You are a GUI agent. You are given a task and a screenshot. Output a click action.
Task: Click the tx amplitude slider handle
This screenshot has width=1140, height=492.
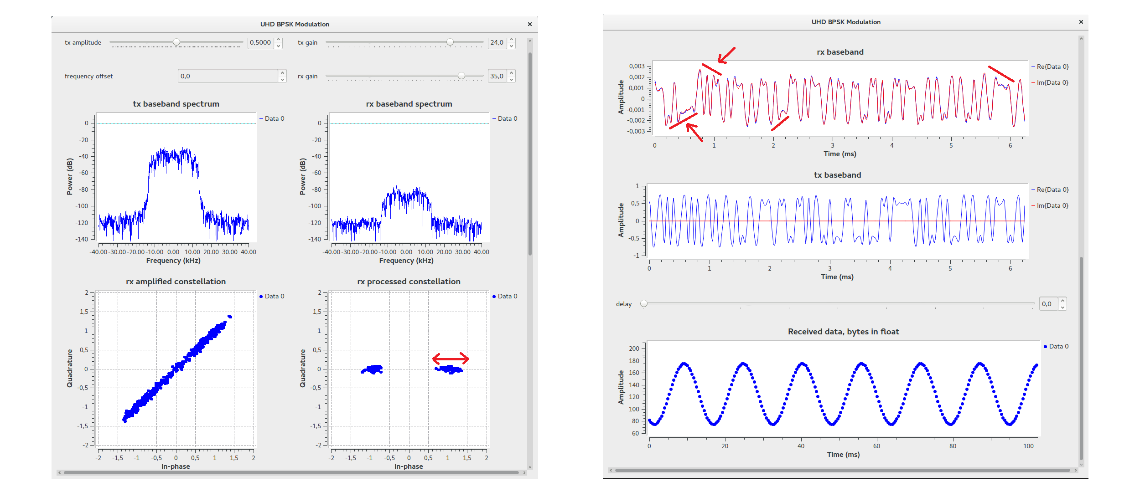coord(176,42)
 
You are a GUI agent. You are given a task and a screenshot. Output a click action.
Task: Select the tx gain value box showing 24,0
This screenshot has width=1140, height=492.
coord(497,42)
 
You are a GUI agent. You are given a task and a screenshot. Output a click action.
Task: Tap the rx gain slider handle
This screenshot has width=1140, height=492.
coord(461,76)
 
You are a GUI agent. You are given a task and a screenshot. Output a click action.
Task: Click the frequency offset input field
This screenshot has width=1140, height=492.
coord(228,76)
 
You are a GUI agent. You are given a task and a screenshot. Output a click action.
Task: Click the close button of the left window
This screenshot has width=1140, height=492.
coord(530,24)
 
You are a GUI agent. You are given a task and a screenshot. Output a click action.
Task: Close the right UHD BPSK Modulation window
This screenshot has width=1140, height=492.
coord(1081,22)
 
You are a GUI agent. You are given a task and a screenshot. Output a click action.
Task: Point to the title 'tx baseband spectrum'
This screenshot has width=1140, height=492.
coord(176,104)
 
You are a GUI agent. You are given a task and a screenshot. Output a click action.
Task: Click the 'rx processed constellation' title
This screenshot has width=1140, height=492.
coord(409,282)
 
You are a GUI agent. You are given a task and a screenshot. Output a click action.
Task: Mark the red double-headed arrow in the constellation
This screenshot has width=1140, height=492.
coord(451,359)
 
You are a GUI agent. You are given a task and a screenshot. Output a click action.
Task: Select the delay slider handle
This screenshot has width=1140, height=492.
coord(644,303)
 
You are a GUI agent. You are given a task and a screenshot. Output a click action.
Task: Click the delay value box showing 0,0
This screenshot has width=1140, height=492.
coord(1048,304)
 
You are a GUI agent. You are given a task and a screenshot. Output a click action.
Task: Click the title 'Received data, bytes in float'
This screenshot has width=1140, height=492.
coord(844,332)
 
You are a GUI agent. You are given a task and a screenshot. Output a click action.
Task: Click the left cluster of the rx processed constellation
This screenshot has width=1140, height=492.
coord(373,369)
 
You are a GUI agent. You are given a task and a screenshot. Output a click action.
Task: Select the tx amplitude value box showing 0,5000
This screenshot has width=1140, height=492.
coord(261,42)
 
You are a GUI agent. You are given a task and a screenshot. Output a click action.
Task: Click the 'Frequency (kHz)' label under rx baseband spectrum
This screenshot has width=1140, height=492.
coord(406,261)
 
